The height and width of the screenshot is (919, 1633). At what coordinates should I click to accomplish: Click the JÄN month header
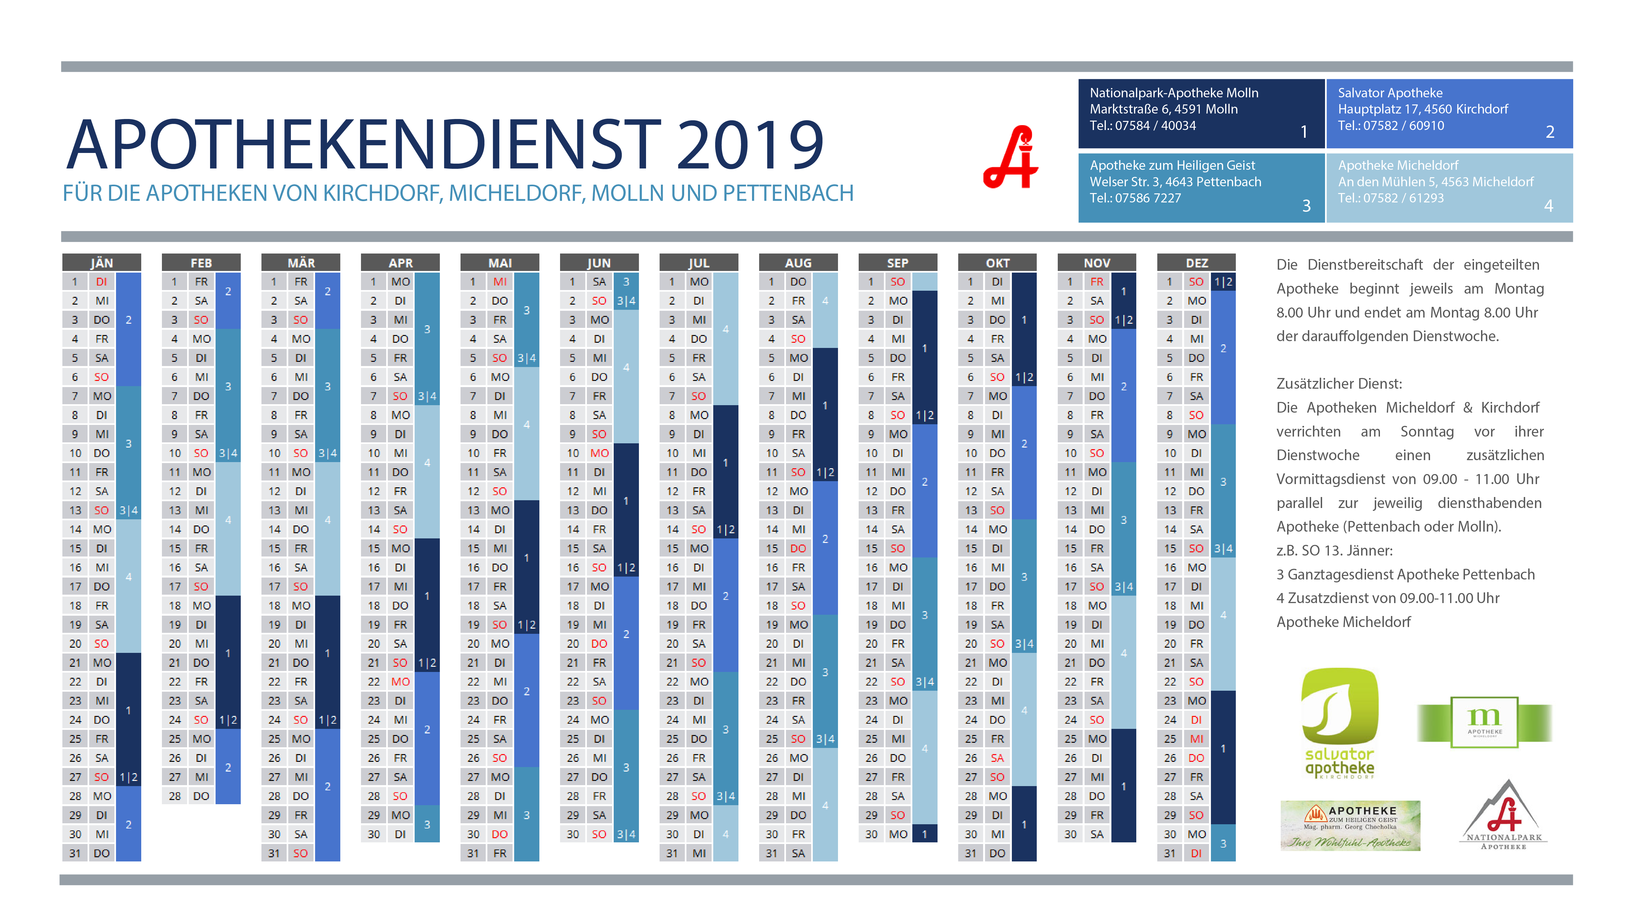tap(101, 263)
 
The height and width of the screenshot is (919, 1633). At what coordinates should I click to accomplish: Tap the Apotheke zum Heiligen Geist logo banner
tap(1350, 825)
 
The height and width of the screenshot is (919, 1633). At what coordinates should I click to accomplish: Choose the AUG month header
tap(798, 263)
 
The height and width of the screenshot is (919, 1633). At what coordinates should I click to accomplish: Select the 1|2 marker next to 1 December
tap(1223, 282)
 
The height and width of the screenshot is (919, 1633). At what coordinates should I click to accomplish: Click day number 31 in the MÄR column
tap(274, 853)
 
